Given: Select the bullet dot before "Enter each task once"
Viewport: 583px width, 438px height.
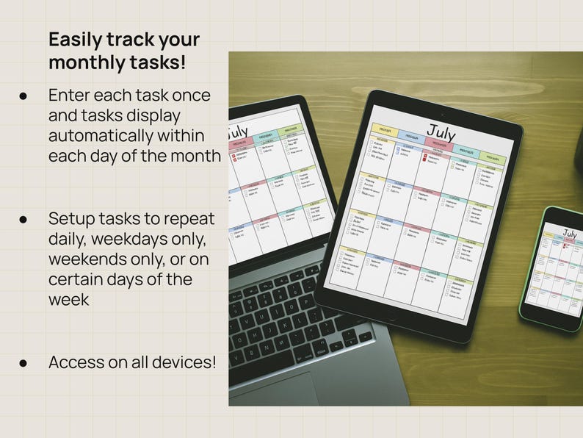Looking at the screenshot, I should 23,96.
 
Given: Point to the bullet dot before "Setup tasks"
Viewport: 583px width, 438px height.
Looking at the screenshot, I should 23,219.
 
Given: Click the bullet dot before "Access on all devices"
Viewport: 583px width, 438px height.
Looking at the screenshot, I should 23,362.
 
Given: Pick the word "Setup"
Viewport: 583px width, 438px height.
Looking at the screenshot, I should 70,219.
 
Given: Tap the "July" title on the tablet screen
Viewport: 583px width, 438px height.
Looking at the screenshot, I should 441,132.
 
